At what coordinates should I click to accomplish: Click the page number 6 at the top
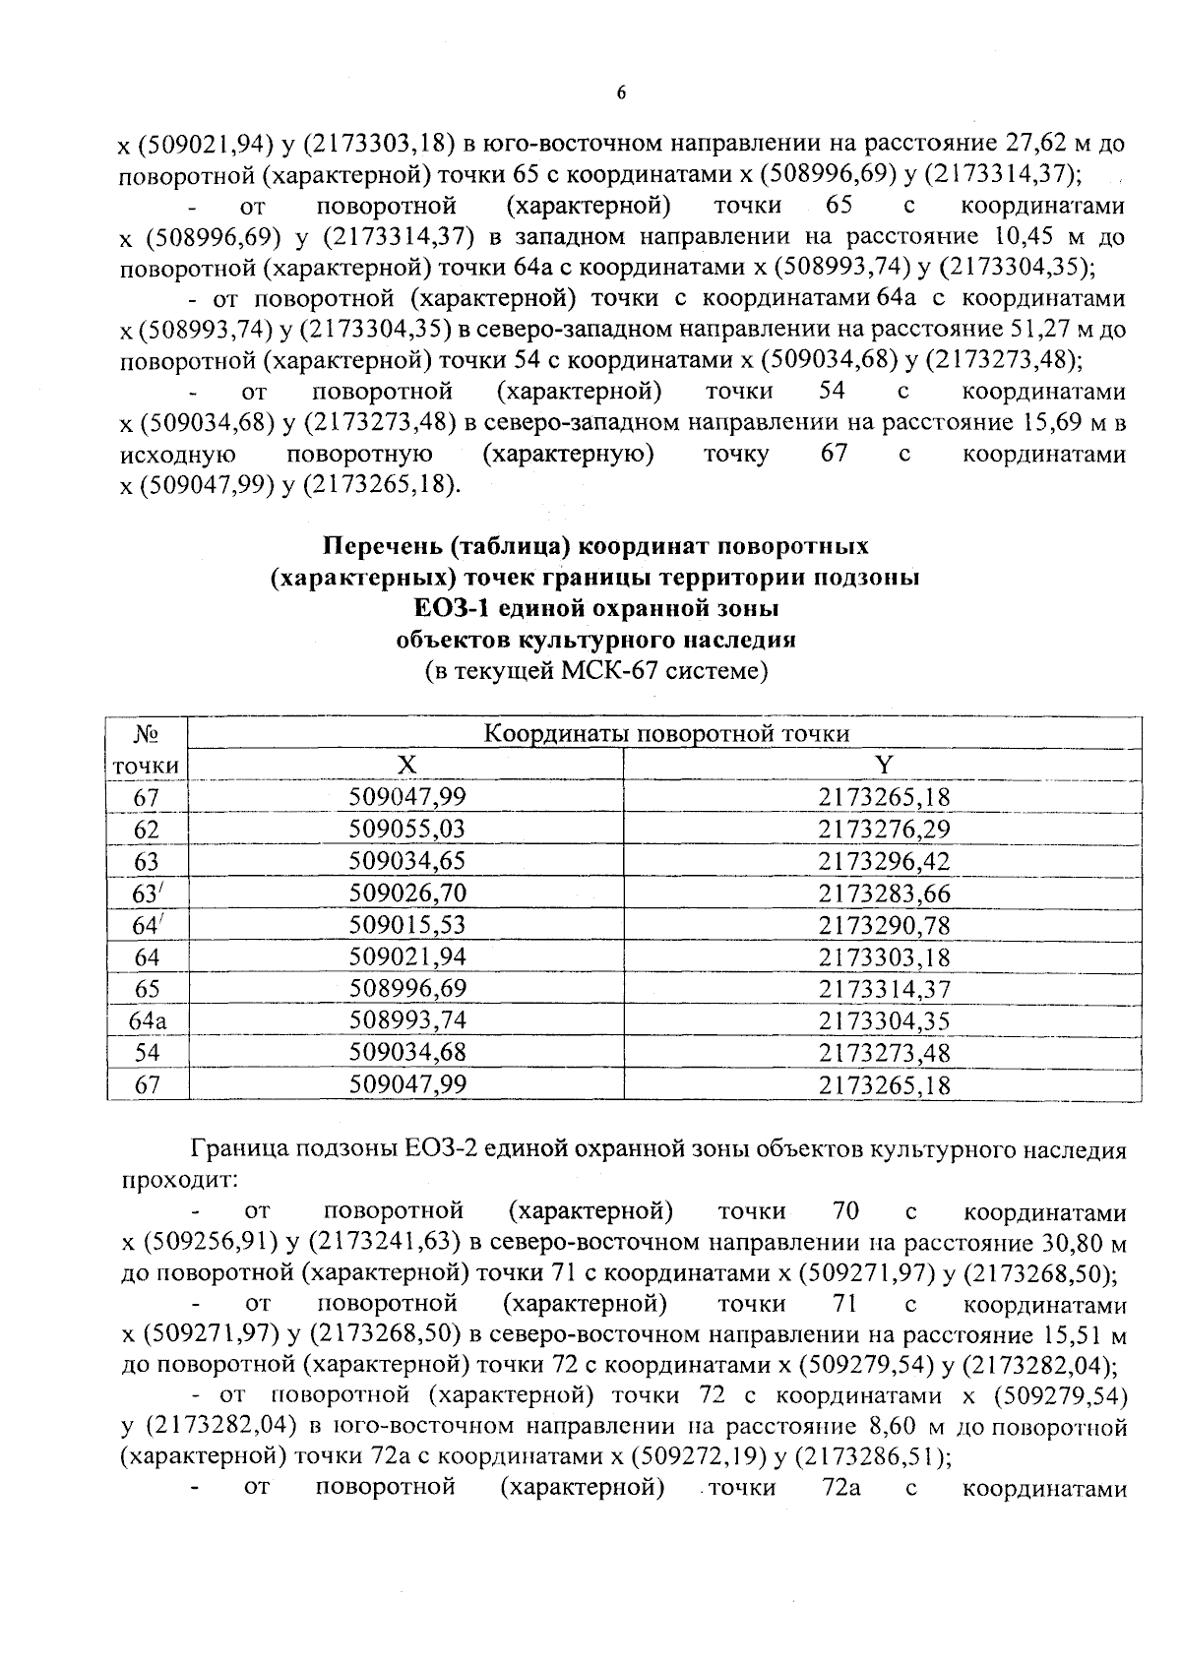(620, 93)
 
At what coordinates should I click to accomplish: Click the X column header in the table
(406, 766)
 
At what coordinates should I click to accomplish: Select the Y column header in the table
(884, 766)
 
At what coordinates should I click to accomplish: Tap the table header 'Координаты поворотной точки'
(667, 734)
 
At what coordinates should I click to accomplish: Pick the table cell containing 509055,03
(407, 830)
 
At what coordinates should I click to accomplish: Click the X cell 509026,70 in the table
(407, 894)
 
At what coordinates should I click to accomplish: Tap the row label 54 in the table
(148, 1053)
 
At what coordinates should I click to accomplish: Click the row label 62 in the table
(148, 830)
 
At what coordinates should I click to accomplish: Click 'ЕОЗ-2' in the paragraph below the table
(449, 1149)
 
